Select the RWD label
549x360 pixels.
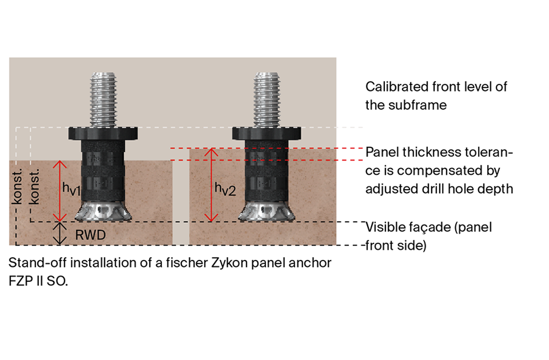pyautogui.click(x=90, y=235)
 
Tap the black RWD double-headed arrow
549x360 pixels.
pyautogui.click(x=60, y=233)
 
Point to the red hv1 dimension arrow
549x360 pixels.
pyautogui.click(x=60, y=191)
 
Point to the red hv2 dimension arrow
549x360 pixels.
pyautogui.click(x=211, y=185)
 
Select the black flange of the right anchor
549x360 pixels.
pyautogui.click(x=267, y=133)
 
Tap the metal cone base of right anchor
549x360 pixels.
pyautogui.click(x=267, y=211)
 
